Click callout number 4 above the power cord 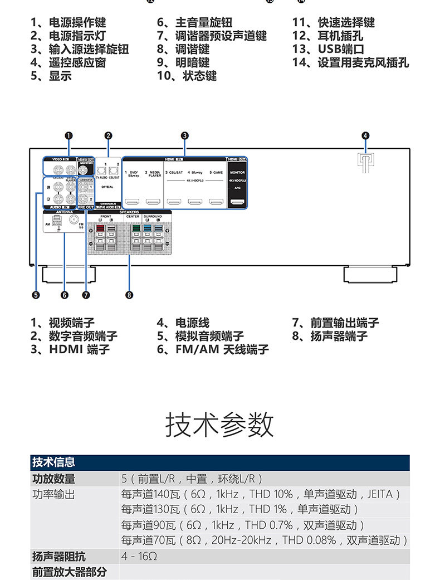[x=365, y=135]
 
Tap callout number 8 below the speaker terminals [x=129, y=295]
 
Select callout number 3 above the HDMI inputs [x=184, y=135]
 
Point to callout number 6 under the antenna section [x=64, y=295]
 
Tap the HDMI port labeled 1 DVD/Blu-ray [x=132, y=203]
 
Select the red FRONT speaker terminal [x=100, y=228]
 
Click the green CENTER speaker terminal [x=135, y=228]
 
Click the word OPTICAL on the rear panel [x=107, y=187]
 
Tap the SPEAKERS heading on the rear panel [x=129, y=212]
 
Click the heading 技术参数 [x=220, y=425]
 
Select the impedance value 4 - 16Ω [x=139, y=556]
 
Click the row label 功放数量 [x=53, y=479]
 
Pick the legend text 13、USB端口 [x=328, y=49]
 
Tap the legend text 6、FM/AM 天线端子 [x=213, y=349]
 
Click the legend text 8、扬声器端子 [x=330, y=336]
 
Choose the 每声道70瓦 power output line [x=265, y=540]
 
